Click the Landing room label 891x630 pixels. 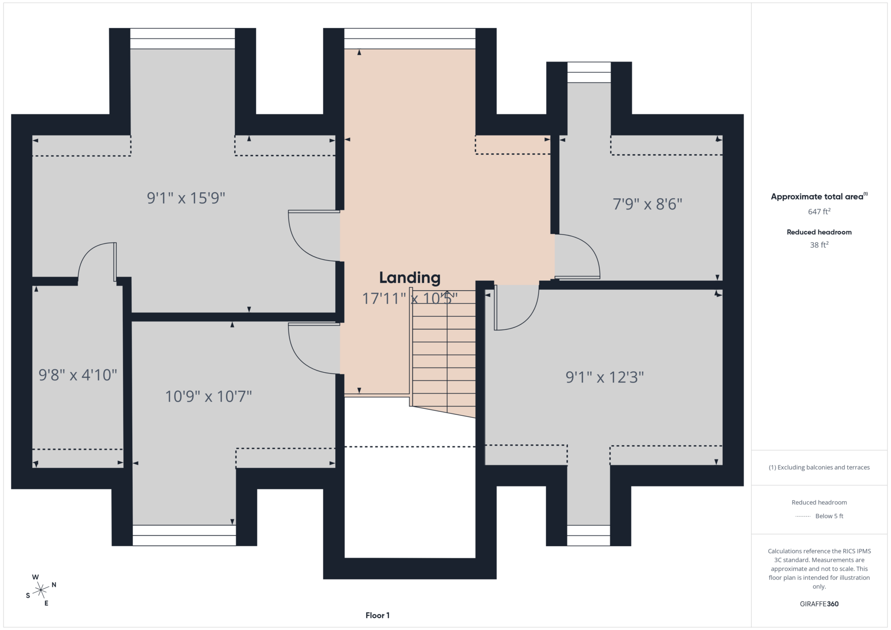409,278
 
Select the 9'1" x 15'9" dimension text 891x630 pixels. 186,198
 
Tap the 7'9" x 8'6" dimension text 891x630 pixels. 647,204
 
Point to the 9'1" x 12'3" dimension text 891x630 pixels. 604,377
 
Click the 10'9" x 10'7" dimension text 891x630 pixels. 208,397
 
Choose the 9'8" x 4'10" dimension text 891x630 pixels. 77,375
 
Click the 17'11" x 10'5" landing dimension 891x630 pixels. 409,298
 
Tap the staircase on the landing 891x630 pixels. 444,354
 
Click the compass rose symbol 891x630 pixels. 41,590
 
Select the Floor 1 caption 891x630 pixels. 378,615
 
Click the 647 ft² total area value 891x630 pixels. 819,211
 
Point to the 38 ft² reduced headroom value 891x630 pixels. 819,245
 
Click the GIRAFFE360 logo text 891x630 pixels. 819,604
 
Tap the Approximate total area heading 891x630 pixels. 819,196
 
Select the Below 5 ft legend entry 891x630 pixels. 819,516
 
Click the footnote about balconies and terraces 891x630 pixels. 819,467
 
